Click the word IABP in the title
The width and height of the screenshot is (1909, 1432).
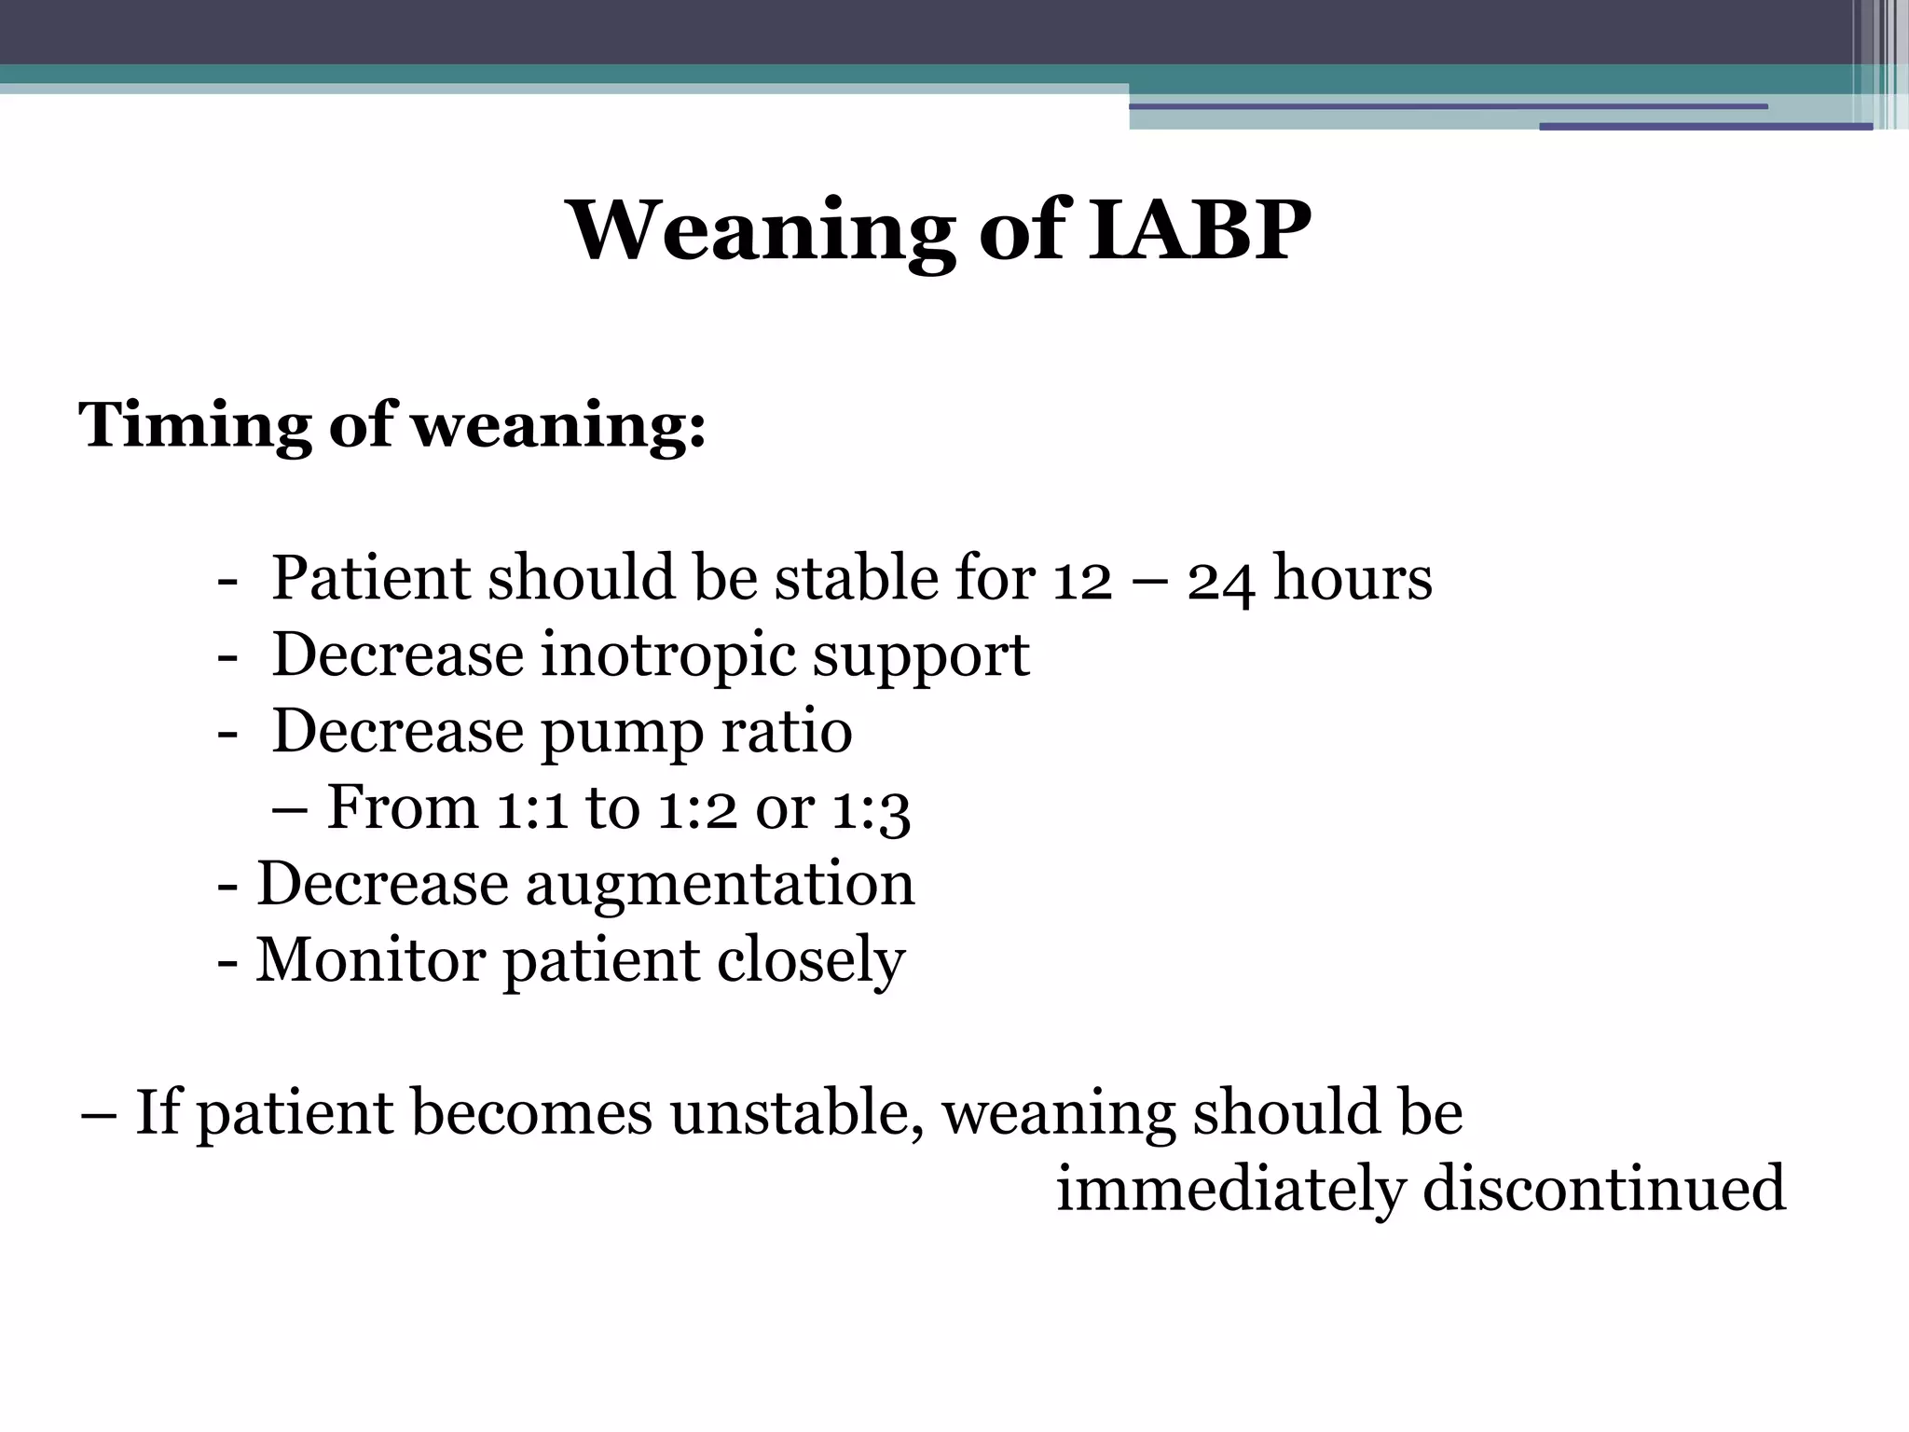(1200, 230)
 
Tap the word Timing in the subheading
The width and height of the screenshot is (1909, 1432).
(195, 424)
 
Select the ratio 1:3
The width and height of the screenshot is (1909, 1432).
(871, 807)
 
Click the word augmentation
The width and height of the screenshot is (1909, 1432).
(720, 884)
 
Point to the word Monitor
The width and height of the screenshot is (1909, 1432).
(370, 959)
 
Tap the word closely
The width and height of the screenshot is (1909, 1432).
(811, 959)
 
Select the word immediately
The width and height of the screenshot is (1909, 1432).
(1229, 1189)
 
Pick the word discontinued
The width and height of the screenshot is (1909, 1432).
(1603, 1189)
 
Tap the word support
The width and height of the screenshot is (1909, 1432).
(921, 655)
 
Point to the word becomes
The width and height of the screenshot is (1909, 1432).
(531, 1112)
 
